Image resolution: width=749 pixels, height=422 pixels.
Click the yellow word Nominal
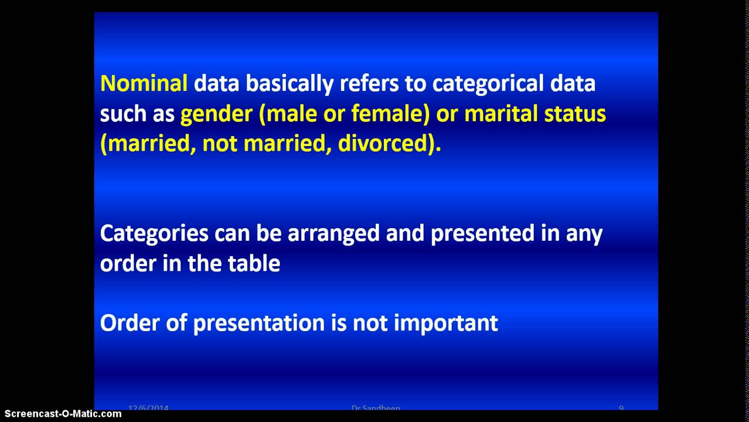[x=144, y=83]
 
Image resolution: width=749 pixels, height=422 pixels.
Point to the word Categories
[x=154, y=233]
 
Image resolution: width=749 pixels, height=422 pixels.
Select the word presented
[x=482, y=233]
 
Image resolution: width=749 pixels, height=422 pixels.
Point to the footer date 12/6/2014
[x=148, y=407]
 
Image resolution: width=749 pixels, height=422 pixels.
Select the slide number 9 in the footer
[x=621, y=407]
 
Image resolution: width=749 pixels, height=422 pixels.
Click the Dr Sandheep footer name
[x=376, y=407]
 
